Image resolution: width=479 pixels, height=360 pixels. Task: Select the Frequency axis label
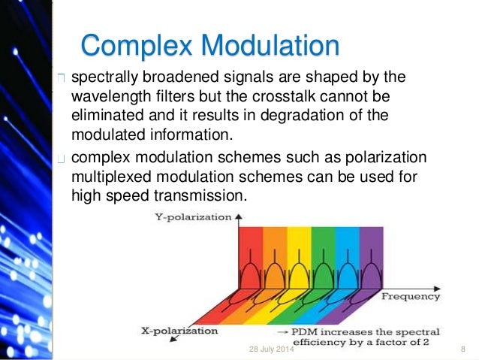pos(411,297)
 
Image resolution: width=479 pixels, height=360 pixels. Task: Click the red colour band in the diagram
pos(251,248)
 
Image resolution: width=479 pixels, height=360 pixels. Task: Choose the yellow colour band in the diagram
pos(299,248)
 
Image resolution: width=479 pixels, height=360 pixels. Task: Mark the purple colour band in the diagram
pos(371,248)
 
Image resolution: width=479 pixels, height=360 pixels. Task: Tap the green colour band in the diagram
pos(323,248)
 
